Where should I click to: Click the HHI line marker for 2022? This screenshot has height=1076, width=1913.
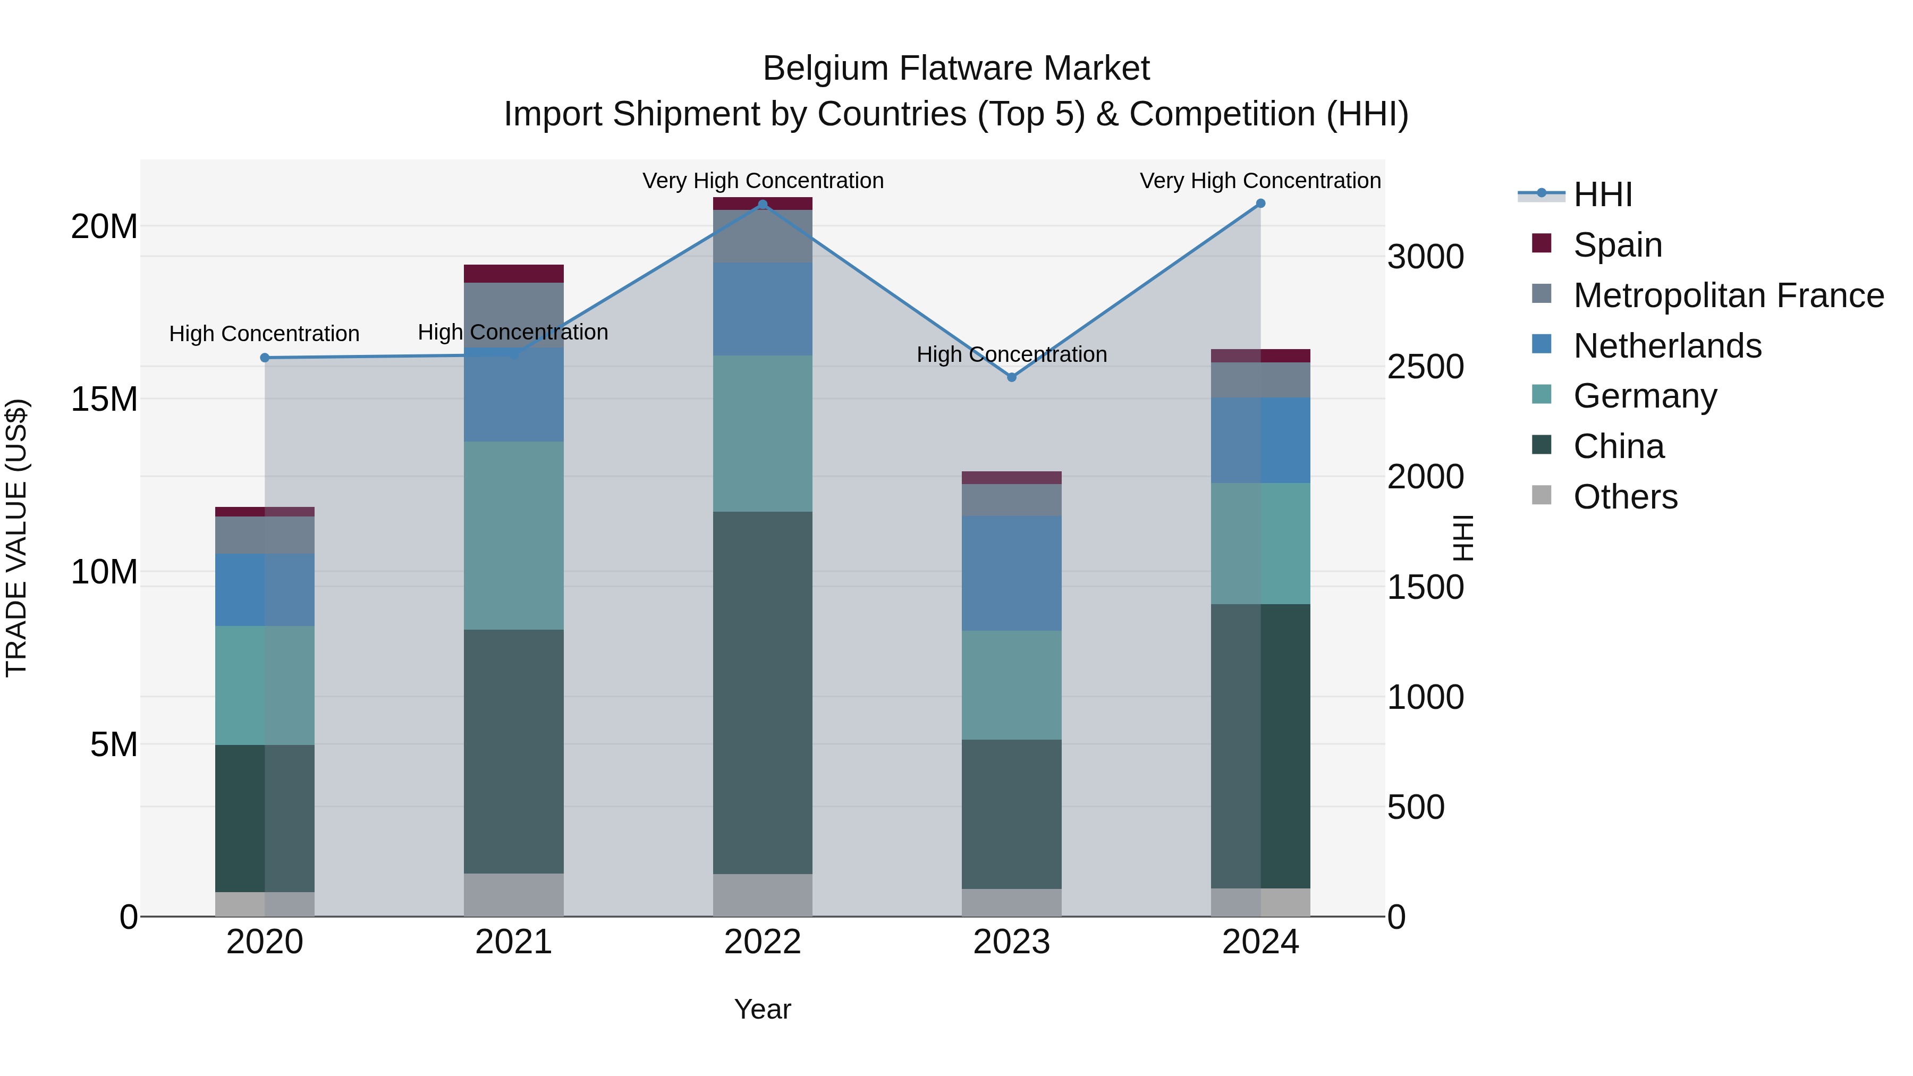tap(763, 204)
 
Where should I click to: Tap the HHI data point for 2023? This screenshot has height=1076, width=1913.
tap(1011, 377)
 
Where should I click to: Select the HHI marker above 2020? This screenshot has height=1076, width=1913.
tap(265, 358)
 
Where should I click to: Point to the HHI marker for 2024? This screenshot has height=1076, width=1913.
tap(1260, 204)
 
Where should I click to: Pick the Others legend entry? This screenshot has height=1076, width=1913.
tap(1625, 496)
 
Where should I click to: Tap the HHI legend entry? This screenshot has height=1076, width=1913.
tap(1603, 194)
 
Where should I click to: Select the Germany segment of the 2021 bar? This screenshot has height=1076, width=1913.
tap(514, 536)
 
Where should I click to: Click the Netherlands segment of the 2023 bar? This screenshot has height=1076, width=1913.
tap(1011, 573)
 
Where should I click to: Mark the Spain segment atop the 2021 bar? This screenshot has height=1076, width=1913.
tap(514, 273)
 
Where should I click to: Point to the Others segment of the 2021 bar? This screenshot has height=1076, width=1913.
tap(514, 894)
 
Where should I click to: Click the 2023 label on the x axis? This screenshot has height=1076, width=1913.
tap(1011, 942)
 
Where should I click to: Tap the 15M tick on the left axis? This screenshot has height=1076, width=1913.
tap(104, 399)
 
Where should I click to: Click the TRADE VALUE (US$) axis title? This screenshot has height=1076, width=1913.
tap(16, 538)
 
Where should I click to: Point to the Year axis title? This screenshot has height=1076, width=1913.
tap(763, 1009)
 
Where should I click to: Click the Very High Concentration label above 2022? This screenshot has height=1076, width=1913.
tap(763, 181)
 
